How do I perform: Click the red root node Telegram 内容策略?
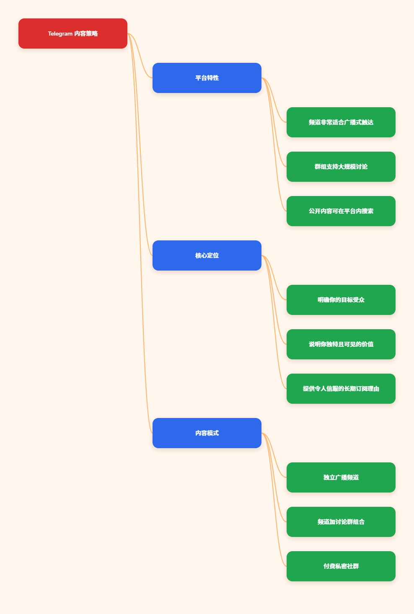(72, 34)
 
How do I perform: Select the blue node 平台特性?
(207, 78)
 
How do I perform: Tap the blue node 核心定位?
(207, 255)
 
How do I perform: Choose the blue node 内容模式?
(207, 433)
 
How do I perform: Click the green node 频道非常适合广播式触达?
(341, 122)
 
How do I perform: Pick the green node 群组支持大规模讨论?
(341, 167)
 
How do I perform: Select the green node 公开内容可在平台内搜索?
(341, 211)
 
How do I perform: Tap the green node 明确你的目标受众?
(341, 300)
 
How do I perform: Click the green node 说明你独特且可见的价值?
(341, 344)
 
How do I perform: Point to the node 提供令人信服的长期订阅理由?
(341, 389)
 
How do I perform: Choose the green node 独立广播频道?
(341, 477)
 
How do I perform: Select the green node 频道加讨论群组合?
(341, 522)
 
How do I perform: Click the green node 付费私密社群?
(341, 566)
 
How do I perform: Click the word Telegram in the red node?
(60, 34)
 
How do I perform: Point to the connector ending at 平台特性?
(140, 56)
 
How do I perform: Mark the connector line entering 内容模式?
(140, 233)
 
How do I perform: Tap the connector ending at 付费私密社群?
(274, 500)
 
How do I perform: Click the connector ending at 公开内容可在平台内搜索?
(274, 144)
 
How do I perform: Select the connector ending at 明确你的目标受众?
(274, 278)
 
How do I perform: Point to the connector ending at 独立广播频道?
(274, 455)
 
